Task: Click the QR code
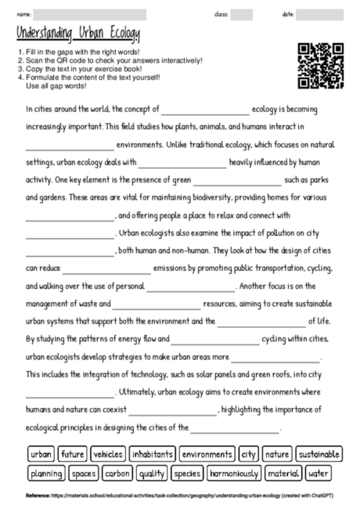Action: click(x=321, y=66)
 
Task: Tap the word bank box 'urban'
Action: click(x=41, y=453)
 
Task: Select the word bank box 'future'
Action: click(x=72, y=453)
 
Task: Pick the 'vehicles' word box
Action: click(x=108, y=453)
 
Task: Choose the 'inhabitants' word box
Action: click(x=153, y=453)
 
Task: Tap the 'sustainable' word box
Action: click(x=319, y=453)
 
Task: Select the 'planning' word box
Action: click(x=46, y=473)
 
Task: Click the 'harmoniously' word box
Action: click(x=234, y=473)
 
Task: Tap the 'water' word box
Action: click(x=318, y=473)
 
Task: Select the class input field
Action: click(x=241, y=14)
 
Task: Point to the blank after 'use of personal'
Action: click(x=191, y=287)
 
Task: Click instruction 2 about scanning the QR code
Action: click(x=106, y=60)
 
